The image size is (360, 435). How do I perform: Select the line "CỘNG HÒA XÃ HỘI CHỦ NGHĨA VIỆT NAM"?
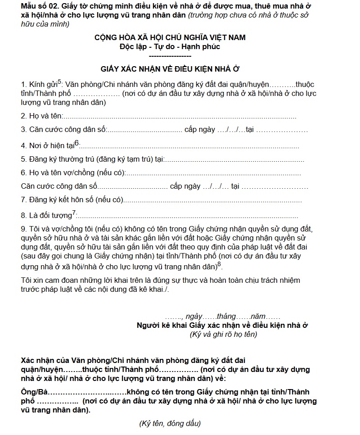170,37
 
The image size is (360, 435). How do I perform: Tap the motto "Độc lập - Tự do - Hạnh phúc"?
170,46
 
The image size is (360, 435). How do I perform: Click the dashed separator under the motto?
170,55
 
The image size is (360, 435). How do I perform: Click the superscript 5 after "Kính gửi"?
59,82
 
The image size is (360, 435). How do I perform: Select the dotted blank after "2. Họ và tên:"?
180,117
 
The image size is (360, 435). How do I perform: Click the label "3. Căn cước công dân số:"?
63,130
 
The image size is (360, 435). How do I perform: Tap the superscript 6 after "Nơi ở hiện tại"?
76,143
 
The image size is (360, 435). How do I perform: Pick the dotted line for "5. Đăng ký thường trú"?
234,159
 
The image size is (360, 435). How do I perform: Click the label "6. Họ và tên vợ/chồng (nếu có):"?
73,172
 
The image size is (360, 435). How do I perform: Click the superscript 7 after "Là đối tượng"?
74,212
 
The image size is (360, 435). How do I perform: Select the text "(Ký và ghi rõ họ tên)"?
224,335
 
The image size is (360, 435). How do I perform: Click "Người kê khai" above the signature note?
159,326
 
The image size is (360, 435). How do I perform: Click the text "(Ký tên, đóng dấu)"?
170,424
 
